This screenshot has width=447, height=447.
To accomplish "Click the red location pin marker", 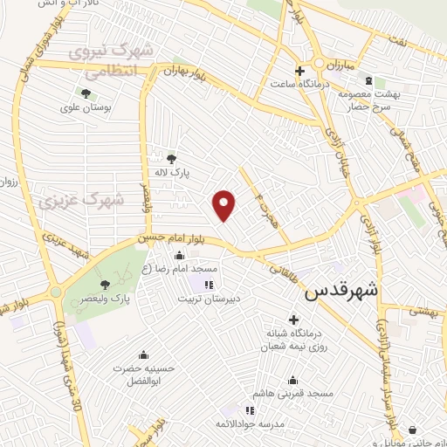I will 224,204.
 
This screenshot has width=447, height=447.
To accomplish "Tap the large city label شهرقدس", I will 342,292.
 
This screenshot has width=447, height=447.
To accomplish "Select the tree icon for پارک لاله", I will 171,158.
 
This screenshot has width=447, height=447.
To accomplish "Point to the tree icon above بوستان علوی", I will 86,93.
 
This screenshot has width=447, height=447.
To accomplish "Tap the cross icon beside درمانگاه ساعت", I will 299,71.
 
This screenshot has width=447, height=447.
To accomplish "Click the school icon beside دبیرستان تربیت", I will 208,285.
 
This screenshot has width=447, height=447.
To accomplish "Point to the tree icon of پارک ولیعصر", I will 105,285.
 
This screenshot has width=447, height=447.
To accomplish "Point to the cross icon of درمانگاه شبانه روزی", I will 292,319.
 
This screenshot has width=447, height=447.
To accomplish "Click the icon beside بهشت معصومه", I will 368,80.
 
